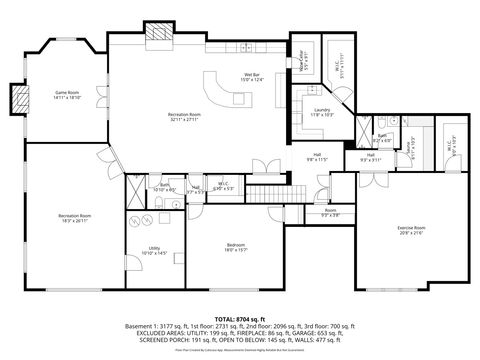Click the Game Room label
(x=67, y=96)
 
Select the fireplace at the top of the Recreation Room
(x=159, y=33)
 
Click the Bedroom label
(x=236, y=247)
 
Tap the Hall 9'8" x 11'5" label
(x=316, y=156)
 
